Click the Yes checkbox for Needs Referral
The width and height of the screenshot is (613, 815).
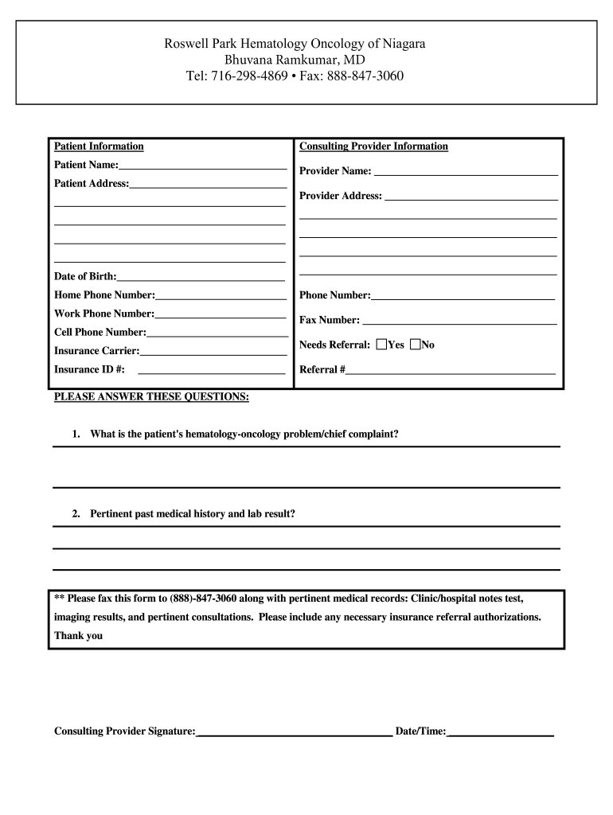pyautogui.click(x=381, y=345)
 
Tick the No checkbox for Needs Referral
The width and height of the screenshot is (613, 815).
pyautogui.click(x=415, y=345)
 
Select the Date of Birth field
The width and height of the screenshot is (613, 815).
pyautogui.click(x=201, y=276)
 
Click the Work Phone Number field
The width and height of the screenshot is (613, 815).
pyautogui.click(x=221, y=314)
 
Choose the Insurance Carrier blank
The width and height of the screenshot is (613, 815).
pyautogui.click(x=213, y=350)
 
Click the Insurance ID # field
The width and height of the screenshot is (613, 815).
pyautogui.click(x=211, y=369)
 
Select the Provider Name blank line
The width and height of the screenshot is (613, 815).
pyautogui.click(x=466, y=171)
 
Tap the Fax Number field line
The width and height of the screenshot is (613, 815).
pyautogui.click(x=459, y=320)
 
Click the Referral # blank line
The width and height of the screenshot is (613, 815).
pyautogui.click(x=451, y=369)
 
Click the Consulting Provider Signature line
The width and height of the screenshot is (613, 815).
pyautogui.click(x=294, y=731)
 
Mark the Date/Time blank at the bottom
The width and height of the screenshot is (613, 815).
pyautogui.click(x=501, y=731)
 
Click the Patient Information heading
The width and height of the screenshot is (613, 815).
pyautogui.click(x=99, y=146)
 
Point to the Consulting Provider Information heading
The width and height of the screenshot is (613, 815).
pyautogui.click(x=373, y=146)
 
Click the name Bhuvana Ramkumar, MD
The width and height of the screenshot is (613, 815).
pyautogui.click(x=295, y=60)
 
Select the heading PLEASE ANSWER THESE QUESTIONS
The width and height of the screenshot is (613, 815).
pyautogui.click(x=151, y=396)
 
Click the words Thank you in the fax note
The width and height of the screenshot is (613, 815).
pyautogui.click(x=78, y=636)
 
